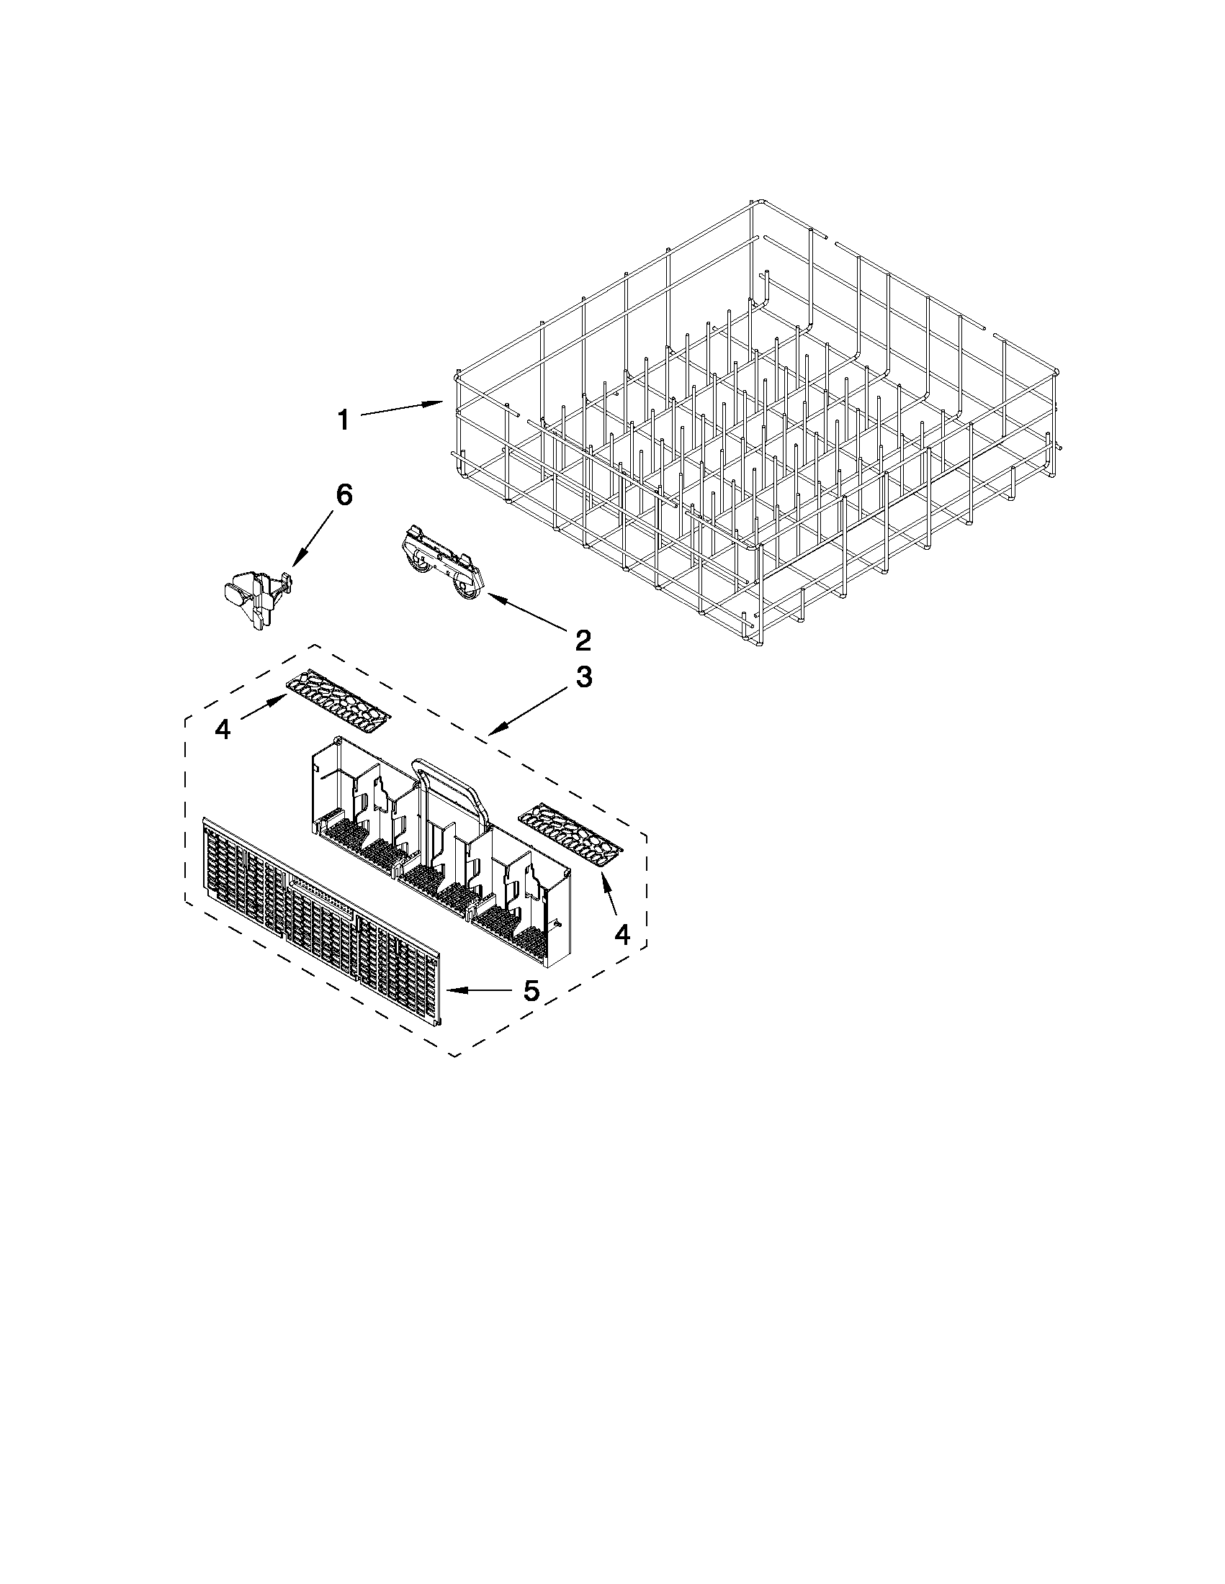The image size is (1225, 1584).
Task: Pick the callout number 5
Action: (531, 990)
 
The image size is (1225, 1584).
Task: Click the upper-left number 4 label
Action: (223, 729)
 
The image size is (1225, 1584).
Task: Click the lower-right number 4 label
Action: (622, 935)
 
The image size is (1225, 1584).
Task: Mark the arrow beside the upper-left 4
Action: (264, 706)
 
